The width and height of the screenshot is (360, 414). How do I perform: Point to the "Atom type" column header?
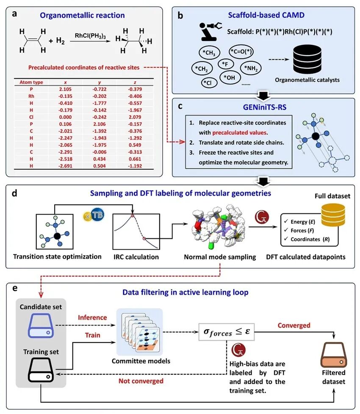(28, 82)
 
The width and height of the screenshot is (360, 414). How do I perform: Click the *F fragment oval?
(224, 64)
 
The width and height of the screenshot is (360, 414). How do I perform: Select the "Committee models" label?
(135, 361)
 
